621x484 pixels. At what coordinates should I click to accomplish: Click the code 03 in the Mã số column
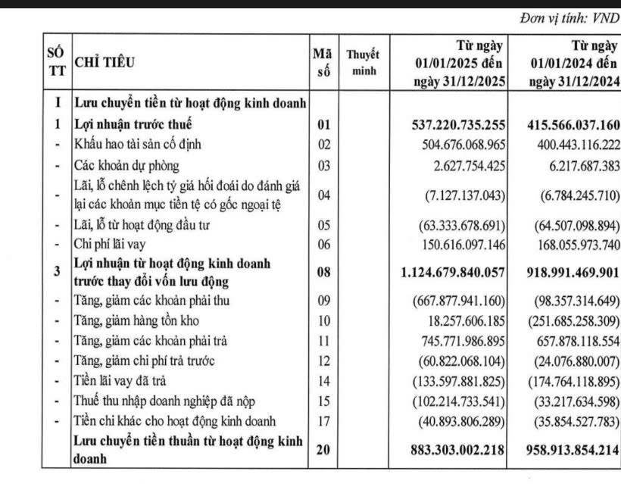[323, 164]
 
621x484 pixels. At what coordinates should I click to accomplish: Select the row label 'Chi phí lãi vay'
[110, 244]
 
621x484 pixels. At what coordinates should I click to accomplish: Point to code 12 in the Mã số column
[323, 361]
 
